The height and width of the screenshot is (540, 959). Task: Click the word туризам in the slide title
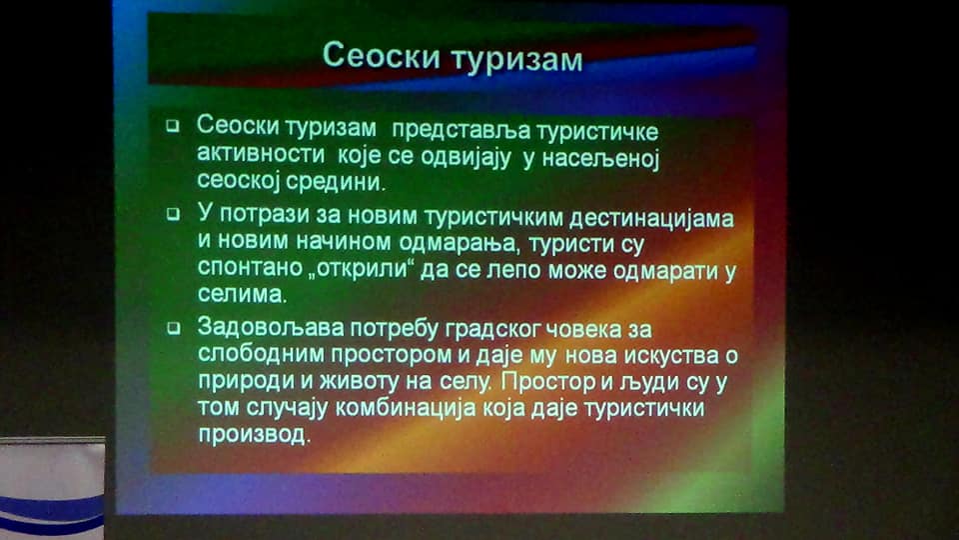point(517,59)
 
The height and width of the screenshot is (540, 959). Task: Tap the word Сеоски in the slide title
point(381,55)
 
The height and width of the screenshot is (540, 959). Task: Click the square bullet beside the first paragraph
point(173,126)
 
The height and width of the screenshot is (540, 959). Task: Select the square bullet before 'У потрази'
point(174,214)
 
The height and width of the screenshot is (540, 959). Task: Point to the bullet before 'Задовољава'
point(174,328)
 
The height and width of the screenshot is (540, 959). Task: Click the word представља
point(462,130)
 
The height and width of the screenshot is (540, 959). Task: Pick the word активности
point(261,153)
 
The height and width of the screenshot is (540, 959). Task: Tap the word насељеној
point(600,159)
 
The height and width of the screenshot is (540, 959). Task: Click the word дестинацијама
point(651,219)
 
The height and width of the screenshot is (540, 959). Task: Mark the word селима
point(242,294)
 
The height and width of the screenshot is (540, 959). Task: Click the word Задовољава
point(271,328)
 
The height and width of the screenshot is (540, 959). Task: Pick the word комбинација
point(405,408)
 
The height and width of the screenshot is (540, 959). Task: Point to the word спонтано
point(250,268)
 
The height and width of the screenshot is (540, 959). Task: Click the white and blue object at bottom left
point(52,488)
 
